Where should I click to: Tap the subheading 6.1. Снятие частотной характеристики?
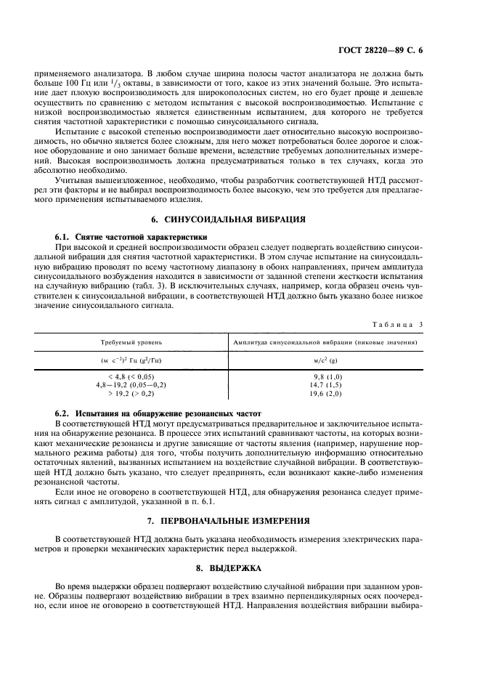point(131,237)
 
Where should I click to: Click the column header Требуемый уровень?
point(131,341)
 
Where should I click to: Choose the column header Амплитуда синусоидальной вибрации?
point(324,341)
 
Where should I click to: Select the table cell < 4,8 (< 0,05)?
point(131,376)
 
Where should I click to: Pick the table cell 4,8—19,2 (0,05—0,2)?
point(131,384)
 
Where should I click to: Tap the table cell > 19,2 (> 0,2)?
point(131,393)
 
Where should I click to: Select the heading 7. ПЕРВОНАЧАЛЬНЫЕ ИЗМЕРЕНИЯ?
point(240,521)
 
